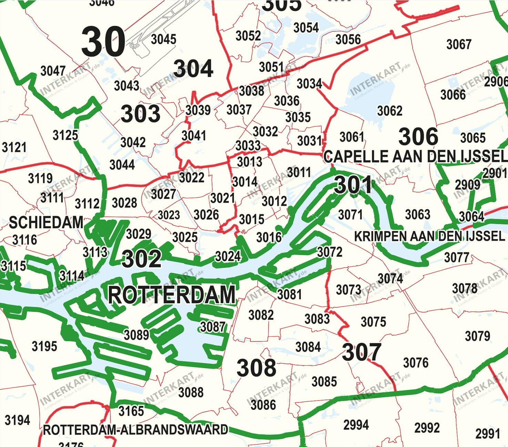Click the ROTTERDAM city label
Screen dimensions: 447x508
[172, 295]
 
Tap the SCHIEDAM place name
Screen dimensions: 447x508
[46, 222]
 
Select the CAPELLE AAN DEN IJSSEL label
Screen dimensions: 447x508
[415, 157]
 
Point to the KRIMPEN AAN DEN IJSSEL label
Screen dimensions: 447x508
[429, 236]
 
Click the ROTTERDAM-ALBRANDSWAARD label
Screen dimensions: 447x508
[135, 430]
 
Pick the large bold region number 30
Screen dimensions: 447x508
[103, 42]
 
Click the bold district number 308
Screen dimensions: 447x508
[256, 367]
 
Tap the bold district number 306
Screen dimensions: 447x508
[418, 136]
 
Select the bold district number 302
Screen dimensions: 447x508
[141, 259]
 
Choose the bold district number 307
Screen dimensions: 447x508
[362, 352]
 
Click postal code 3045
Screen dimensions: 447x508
[164, 39]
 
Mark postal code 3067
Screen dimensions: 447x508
[459, 44]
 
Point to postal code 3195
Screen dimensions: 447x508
[44, 346]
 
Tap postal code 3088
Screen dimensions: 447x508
[191, 392]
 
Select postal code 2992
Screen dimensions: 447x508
[427, 428]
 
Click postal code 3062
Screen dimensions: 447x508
[390, 111]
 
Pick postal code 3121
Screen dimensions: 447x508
[14, 147]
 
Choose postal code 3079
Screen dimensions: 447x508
[477, 336]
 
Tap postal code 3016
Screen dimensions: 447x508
[269, 237]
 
